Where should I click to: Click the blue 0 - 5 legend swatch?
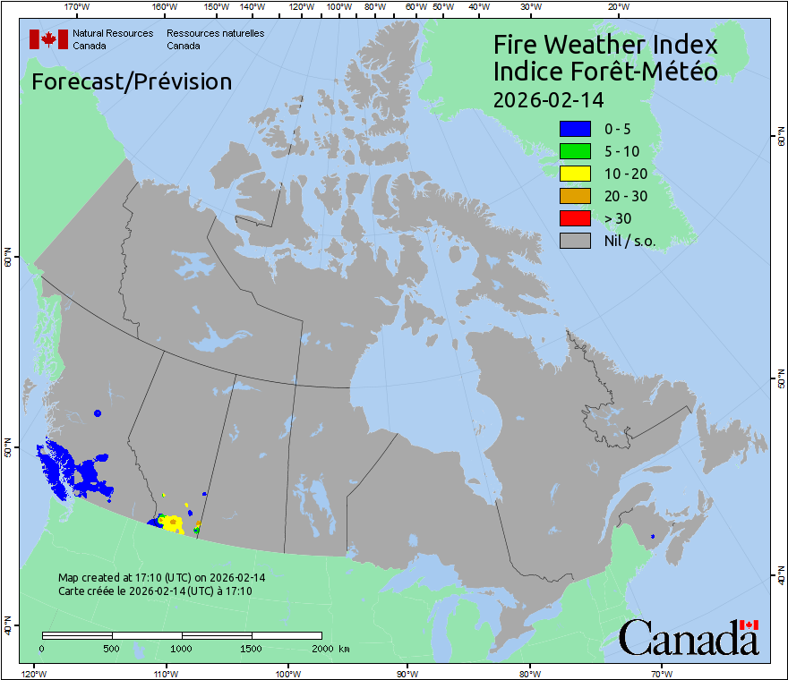[x=575, y=129]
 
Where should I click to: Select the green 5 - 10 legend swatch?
[x=575, y=151]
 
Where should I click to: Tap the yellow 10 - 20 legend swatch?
[x=575, y=174]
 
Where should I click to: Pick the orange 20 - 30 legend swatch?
[x=575, y=196]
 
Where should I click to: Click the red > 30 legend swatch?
[x=575, y=218]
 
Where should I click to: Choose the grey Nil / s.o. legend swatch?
[x=575, y=241]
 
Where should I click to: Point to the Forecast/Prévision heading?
[x=132, y=81]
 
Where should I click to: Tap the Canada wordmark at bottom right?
[x=689, y=638]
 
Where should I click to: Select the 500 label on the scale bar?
[x=112, y=648]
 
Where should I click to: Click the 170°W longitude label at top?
[x=78, y=7]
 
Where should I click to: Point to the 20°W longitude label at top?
[x=617, y=7]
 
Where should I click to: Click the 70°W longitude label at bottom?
[x=661, y=673]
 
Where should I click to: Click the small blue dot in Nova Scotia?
[x=653, y=536]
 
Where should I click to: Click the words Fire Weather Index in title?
[x=605, y=45]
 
